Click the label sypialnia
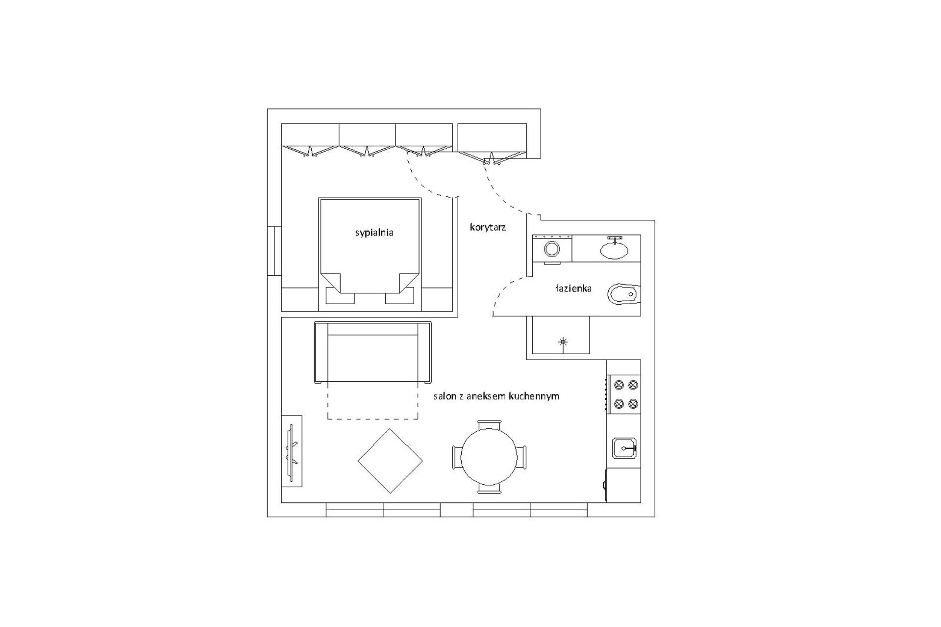tap(374, 233)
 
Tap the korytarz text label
tap(488, 227)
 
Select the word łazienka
tap(573, 288)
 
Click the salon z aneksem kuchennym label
tap(496, 396)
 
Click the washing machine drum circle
tap(552, 249)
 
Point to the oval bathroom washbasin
tap(614, 251)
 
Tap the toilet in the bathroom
tap(623, 294)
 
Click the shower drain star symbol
tap(563, 342)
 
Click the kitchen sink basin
tap(624, 448)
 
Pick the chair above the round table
tap(489, 424)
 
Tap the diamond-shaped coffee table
tap(390, 461)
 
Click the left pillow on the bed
tap(340, 296)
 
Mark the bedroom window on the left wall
tap(274, 251)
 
